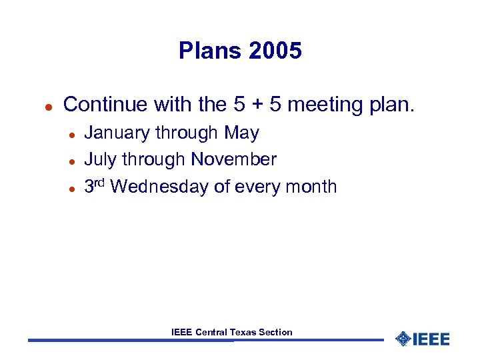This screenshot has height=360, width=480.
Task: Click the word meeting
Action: click(x=319, y=105)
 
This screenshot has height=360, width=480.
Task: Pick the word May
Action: click(x=241, y=133)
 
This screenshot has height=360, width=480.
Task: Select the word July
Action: click(x=99, y=160)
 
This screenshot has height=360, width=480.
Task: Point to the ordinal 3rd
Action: click(x=95, y=185)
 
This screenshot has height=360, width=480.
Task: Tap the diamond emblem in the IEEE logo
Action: click(x=403, y=339)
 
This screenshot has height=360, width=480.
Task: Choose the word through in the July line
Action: click(x=152, y=160)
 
